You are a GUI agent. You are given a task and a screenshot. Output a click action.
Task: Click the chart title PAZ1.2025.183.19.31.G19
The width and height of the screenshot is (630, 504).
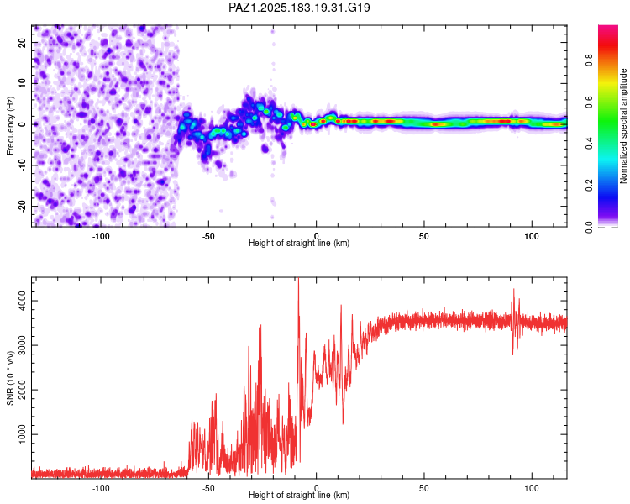tap(299, 8)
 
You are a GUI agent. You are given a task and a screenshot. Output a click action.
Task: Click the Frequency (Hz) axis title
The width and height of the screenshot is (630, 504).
tap(10, 126)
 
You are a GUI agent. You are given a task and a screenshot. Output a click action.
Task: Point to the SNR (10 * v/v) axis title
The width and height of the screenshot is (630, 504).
tap(10, 378)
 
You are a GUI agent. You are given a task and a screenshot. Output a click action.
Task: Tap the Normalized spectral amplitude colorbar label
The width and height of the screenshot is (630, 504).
tap(623, 126)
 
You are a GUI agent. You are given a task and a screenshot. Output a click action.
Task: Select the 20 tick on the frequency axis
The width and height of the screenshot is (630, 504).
tap(23, 42)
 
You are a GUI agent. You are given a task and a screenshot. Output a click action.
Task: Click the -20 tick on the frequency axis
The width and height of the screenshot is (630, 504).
tap(23, 206)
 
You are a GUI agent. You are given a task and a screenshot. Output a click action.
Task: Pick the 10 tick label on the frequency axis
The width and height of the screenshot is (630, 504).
tap(23, 83)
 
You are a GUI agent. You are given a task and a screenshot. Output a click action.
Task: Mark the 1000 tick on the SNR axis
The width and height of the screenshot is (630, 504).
tap(23, 434)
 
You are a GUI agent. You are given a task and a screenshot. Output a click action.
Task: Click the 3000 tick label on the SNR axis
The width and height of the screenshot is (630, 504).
tap(23, 345)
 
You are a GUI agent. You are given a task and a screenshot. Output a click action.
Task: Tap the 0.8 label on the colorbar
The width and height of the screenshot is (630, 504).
tap(589, 60)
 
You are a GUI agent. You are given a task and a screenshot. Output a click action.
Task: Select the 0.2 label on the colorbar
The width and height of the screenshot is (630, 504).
tap(589, 186)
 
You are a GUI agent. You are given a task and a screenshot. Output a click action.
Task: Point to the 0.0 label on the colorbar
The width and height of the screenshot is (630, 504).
tap(589, 227)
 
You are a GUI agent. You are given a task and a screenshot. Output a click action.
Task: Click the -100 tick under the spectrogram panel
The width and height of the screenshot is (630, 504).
tap(101, 236)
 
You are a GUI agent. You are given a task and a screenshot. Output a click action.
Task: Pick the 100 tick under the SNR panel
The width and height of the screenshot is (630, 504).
tap(532, 488)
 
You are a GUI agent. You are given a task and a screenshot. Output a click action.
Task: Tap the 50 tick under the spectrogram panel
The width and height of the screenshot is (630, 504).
tap(424, 236)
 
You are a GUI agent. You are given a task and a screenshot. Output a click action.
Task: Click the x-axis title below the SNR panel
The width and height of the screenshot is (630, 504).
tap(299, 495)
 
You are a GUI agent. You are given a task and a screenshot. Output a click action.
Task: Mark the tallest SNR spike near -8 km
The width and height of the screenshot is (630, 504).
tap(298, 281)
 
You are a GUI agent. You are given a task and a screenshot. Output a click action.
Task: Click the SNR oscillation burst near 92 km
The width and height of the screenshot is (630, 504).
tap(514, 322)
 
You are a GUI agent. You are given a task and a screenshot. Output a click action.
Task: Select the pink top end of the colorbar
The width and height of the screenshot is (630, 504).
tap(608, 28)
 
